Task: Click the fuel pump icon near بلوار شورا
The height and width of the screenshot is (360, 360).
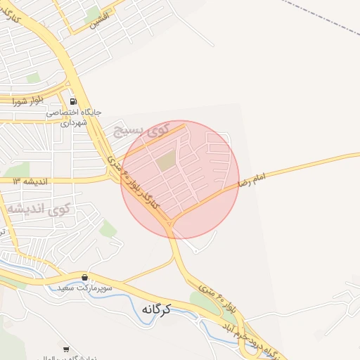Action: (73, 101)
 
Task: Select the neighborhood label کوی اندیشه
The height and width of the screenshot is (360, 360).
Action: (39, 208)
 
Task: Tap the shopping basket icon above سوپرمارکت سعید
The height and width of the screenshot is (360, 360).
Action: (85, 278)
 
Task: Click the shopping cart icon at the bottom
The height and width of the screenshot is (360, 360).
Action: (66, 349)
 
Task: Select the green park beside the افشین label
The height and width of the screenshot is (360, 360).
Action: (92, 13)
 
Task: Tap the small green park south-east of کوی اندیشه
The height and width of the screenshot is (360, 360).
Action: (108, 229)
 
